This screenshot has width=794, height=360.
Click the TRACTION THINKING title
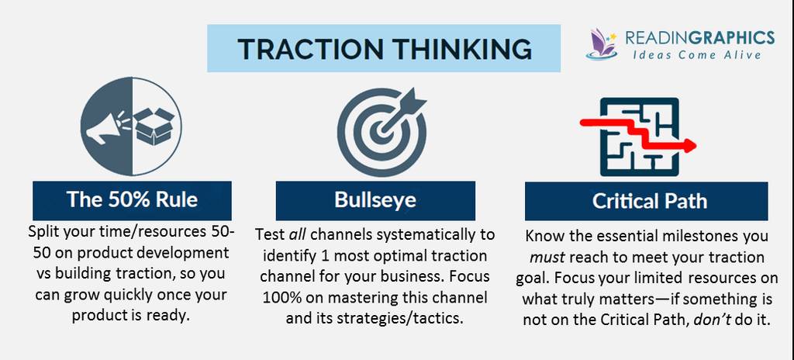[x=385, y=49]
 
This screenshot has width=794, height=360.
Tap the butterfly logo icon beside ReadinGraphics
[x=602, y=45]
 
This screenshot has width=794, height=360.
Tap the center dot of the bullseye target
[x=381, y=133]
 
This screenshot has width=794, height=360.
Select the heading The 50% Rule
[x=132, y=199]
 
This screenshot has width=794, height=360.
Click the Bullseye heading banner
[x=375, y=200]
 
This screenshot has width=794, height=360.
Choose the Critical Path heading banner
[x=646, y=201]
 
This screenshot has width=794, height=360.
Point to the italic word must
[x=547, y=258]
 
